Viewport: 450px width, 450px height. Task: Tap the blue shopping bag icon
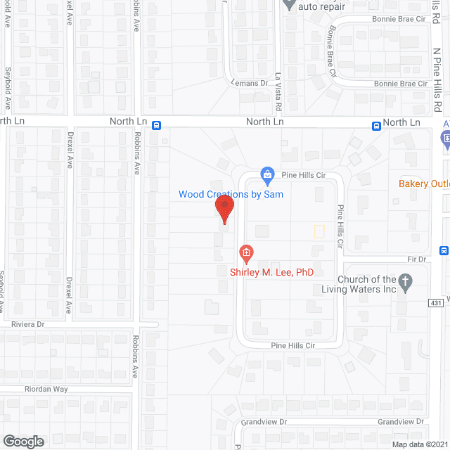267,174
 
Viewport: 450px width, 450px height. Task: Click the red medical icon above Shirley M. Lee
245,252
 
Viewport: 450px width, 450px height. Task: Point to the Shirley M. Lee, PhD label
271,271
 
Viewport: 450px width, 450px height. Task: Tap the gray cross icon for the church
405,283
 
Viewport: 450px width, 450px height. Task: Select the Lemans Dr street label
250,83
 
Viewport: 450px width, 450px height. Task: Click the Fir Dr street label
418,259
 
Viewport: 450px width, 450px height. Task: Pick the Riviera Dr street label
28,324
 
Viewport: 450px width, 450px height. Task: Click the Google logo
22,441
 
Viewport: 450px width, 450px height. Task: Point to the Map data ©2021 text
420,444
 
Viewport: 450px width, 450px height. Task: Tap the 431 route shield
436,303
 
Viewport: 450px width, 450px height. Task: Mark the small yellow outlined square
319,231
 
